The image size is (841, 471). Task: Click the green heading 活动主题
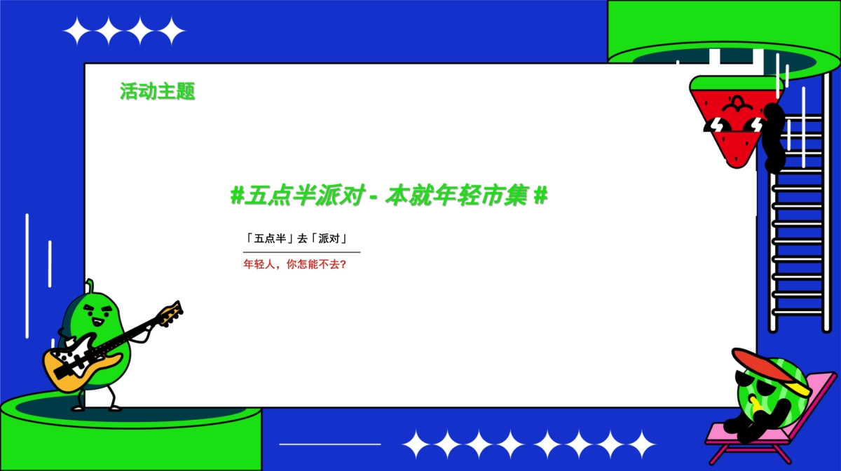pos(157,91)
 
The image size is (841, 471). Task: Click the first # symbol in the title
pos(236,196)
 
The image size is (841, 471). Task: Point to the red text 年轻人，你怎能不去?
pos(295,265)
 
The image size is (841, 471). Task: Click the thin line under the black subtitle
pos(301,252)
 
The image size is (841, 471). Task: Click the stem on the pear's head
pos(89,285)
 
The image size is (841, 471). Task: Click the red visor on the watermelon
pos(764,364)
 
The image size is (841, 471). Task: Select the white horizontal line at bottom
pos(329,444)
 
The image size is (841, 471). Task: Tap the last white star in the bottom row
pos(641,444)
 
